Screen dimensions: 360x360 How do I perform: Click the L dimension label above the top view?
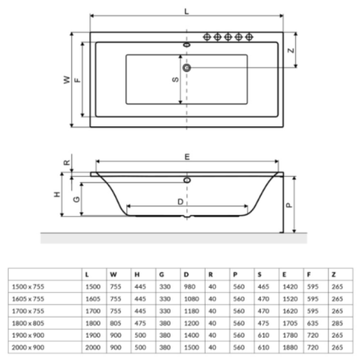[187, 12]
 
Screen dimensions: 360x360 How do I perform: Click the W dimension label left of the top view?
[66, 80]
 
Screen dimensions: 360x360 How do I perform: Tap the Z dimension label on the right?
[291, 50]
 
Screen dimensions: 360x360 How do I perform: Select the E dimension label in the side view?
[187, 157]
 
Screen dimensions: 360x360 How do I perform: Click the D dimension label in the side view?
[180, 202]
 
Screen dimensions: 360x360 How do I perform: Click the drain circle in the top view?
[187, 67]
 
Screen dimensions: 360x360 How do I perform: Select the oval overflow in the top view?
[187, 45]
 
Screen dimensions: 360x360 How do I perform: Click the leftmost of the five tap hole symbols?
[208, 36]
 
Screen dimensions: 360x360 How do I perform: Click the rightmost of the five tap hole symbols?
[249, 36]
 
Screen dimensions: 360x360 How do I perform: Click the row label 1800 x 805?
[28, 322]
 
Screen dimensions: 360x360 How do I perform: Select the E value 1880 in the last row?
[289, 346]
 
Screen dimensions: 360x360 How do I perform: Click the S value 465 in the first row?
[263, 286]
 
